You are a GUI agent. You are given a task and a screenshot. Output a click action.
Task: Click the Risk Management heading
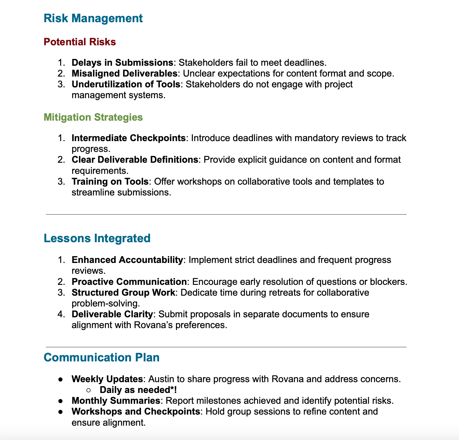[x=93, y=18]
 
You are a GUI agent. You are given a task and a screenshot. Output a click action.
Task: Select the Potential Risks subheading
[x=80, y=42]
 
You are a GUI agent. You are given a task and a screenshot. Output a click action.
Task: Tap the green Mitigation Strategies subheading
[x=93, y=117]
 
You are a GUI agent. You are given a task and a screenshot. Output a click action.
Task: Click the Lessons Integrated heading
[x=97, y=238]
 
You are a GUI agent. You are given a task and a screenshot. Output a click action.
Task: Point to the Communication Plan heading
[x=101, y=358]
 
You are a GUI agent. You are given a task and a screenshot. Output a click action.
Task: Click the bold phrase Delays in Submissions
[x=122, y=63]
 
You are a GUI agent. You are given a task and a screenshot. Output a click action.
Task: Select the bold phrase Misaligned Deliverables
[x=124, y=73]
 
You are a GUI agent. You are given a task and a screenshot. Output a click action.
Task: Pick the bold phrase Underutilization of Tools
[x=126, y=84]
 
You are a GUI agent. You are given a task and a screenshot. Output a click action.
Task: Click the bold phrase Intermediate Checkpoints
[x=129, y=138]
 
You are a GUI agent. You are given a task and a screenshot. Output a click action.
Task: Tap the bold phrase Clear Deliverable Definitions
[x=135, y=160]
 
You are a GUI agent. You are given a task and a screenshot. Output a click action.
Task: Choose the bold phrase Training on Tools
[x=110, y=181]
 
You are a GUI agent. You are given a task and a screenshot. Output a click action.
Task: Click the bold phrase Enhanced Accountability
[x=127, y=260]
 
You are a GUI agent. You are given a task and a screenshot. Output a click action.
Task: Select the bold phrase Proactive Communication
[x=129, y=282]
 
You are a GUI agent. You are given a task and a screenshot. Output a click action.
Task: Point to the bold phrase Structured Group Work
[x=123, y=292]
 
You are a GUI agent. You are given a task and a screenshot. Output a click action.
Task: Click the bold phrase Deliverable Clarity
[x=112, y=314]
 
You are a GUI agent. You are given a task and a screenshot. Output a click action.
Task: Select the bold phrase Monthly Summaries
[x=115, y=400]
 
